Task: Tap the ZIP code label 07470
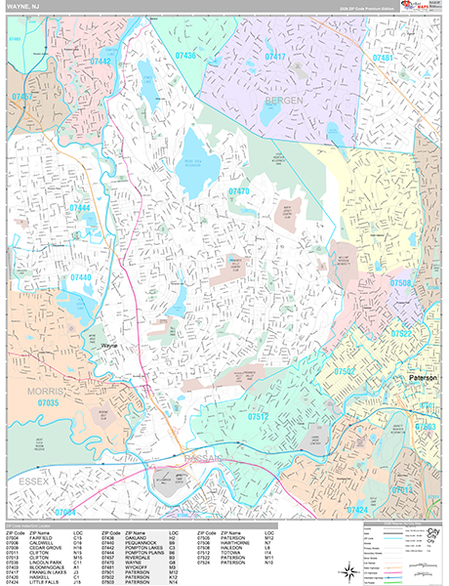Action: coord(239,192)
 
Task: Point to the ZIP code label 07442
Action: coord(102,61)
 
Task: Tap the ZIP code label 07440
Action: coord(82,278)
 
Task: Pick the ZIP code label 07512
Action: coord(259,417)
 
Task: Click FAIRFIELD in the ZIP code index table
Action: coord(42,538)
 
